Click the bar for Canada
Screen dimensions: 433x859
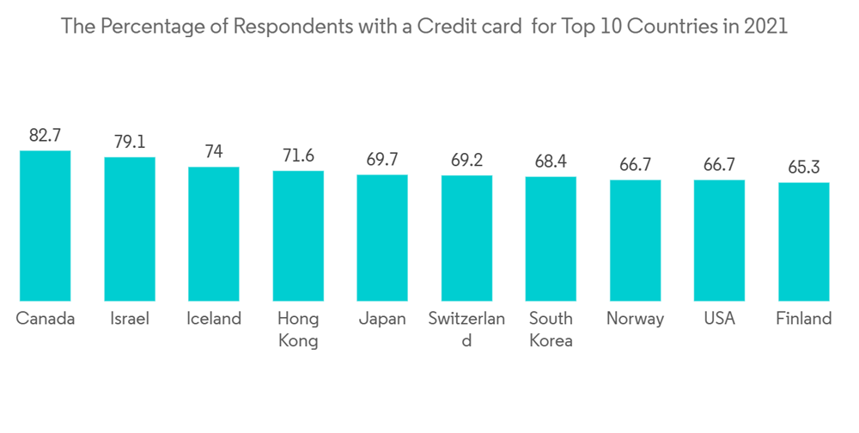[x=46, y=225]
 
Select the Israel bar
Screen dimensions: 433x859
[x=130, y=229]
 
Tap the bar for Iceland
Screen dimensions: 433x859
[x=214, y=233]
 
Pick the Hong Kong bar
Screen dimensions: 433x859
[x=298, y=235]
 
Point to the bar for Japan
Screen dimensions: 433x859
[x=382, y=237]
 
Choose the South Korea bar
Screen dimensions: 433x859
[x=551, y=238]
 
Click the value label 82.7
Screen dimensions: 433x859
[x=46, y=136]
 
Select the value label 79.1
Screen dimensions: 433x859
[x=130, y=142]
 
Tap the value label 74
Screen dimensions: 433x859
[x=214, y=152]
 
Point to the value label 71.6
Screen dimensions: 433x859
[x=298, y=156]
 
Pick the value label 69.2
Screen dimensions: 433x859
[x=466, y=160]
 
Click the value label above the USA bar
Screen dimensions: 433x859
[x=719, y=165]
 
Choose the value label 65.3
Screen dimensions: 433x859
[x=803, y=168]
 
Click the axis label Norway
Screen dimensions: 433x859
[x=635, y=319]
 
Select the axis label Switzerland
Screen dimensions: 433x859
[x=466, y=329]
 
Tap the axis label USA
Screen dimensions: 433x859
[x=719, y=319]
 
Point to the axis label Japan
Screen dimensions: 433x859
[x=382, y=319]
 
